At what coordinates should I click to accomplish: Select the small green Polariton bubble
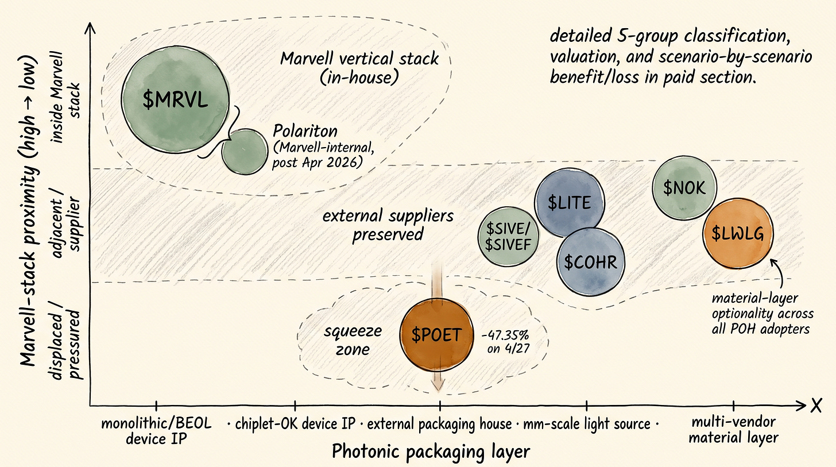(245, 150)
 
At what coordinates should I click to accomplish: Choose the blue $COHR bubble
(590, 261)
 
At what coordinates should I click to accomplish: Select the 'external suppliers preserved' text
(388, 225)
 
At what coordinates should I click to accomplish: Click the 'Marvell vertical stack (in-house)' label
(360, 67)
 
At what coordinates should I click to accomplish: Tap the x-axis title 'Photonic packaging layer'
(430, 451)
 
